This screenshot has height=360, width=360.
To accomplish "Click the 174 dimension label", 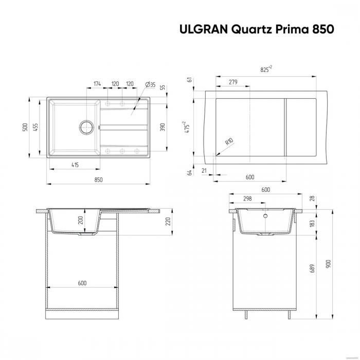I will (97, 83).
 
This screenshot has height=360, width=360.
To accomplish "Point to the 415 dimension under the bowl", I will (75, 164).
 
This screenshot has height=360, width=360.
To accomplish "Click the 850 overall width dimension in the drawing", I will (99, 179).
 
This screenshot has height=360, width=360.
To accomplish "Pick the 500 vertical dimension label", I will (24, 127).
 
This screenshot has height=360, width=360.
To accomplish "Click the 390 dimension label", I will (163, 127).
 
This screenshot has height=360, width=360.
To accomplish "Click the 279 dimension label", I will (232, 82).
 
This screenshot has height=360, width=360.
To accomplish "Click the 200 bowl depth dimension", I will (80, 220).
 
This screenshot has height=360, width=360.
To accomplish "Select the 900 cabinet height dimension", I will (327, 263).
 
